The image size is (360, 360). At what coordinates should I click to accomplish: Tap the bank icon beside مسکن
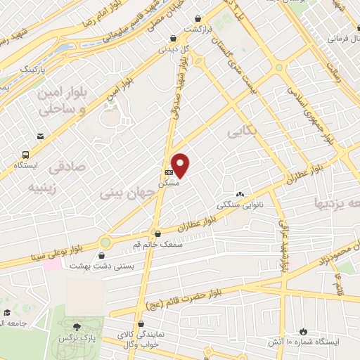click(x=168, y=172)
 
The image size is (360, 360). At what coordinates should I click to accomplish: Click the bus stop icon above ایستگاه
click(x=26, y=154)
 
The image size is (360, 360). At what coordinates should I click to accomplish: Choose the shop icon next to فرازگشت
click(x=200, y=18)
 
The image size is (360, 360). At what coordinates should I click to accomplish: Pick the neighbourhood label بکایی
click(x=240, y=131)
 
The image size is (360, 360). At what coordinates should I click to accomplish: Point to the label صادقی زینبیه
click(x=53, y=177)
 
